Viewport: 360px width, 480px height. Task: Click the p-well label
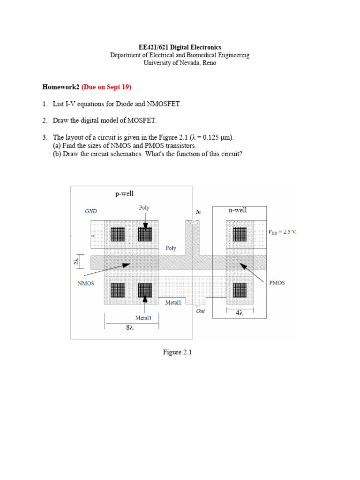(x=125, y=194)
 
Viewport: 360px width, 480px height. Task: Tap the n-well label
(x=238, y=210)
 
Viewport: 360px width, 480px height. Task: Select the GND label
(x=91, y=211)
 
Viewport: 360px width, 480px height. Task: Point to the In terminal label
(x=198, y=212)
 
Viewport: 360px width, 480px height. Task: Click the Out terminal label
(x=201, y=311)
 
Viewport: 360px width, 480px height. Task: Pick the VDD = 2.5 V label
(x=282, y=232)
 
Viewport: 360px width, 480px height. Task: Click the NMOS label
(x=85, y=283)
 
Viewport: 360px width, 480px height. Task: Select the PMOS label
(x=277, y=283)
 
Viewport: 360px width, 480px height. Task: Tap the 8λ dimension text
(x=130, y=328)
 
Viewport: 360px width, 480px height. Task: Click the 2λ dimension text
(x=76, y=262)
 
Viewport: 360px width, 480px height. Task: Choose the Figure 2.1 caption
(x=178, y=352)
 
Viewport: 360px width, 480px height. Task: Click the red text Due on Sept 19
(x=106, y=87)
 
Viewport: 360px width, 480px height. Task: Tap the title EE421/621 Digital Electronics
(x=180, y=47)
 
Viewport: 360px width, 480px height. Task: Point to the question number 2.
(x=44, y=120)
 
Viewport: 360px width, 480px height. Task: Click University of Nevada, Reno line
(x=180, y=63)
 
